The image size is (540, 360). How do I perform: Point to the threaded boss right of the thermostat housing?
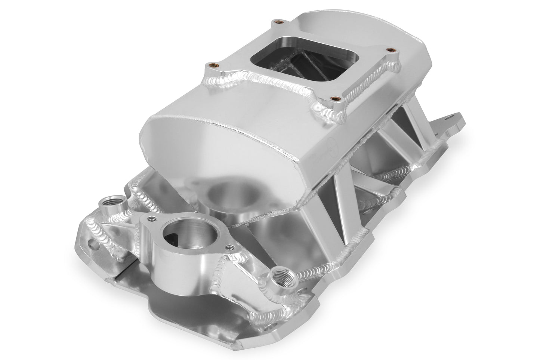click(280, 275)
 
